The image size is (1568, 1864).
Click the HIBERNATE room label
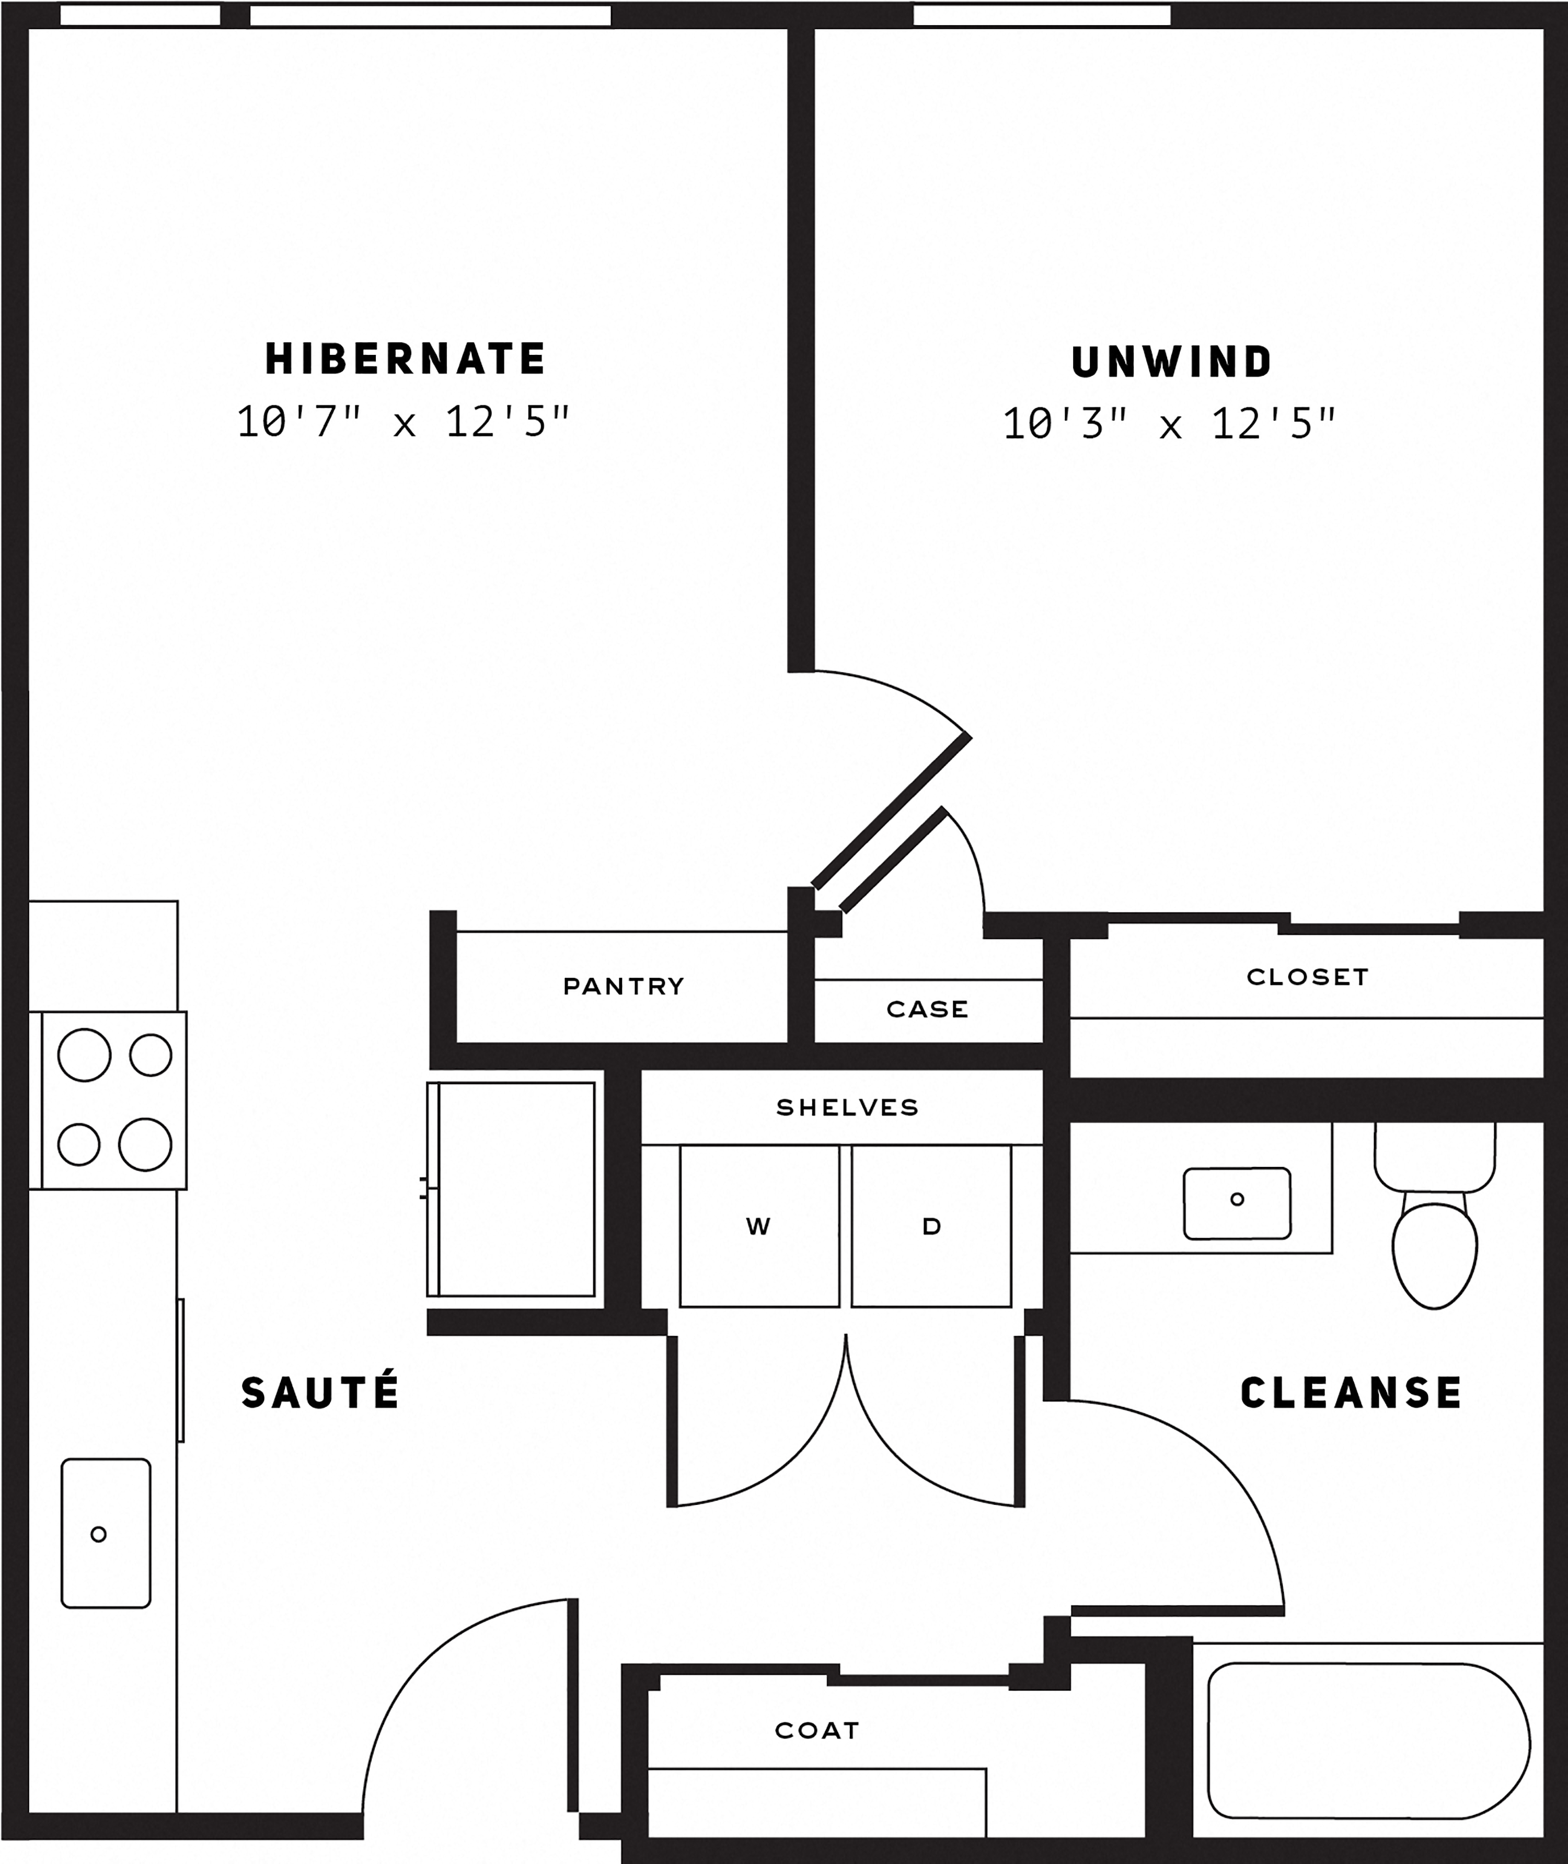click(x=406, y=359)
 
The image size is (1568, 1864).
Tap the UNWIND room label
click(x=1171, y=362)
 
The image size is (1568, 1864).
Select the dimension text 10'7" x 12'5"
click(x=402, y=421)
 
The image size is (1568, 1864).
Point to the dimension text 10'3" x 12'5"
click(x=1169, y=424)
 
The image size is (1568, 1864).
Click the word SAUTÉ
click(x=320, y=1393)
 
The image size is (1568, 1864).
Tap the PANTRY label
click(x=623, y=986)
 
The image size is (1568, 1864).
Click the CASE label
click(x=927, y=1009)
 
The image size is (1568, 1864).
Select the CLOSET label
click(x=1307, y=977)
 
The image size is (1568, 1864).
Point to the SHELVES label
click(x=847, y=1107)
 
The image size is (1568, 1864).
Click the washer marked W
click(x=759, y=1226)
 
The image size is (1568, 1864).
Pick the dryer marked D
click(x=931, y=1226)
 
